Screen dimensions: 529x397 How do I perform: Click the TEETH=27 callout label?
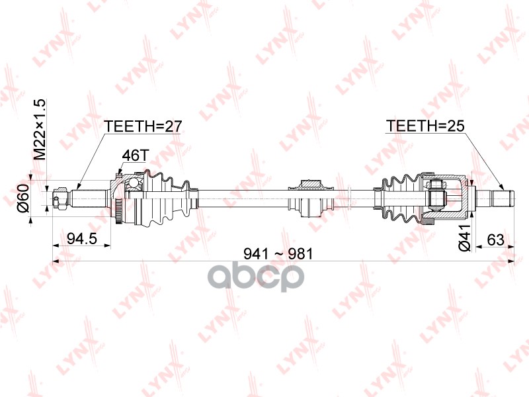[x=143, y=126]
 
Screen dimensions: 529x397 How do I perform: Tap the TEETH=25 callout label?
[x=425, y=126]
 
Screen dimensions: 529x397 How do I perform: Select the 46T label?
[x=135, y=155]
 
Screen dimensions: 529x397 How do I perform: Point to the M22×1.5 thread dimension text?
[x=40, y=129]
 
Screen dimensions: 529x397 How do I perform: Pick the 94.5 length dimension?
[x=82, y=239]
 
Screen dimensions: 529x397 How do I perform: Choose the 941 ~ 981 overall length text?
[x=278, y=254]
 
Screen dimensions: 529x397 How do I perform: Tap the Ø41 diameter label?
[x=464, y=238]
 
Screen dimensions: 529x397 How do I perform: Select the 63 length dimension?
[x=495, y=240]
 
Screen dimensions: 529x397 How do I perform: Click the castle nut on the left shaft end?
[x=60, y=199]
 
